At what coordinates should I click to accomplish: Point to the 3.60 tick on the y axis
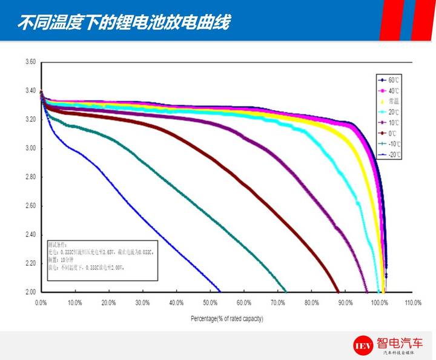point(30,62)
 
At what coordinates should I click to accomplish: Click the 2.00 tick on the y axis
point(30,292)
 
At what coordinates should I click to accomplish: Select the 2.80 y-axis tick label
point(30,177)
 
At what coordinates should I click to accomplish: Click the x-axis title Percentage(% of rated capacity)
point(227,318)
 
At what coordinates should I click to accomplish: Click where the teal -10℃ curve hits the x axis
point(285,291)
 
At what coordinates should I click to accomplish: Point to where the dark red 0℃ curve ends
point(339,291)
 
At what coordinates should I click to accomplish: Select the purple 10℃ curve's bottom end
point(367,291)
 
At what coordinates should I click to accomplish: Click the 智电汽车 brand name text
point(400,341)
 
